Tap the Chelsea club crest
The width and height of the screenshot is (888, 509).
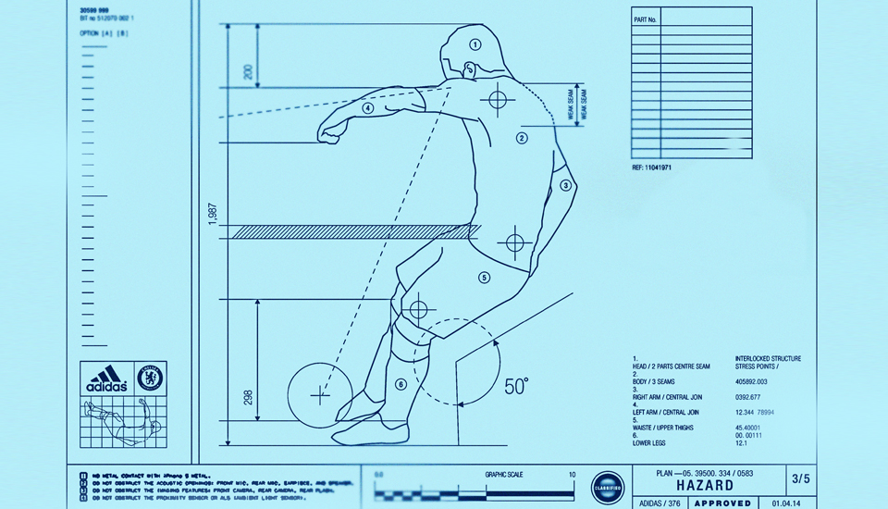coord(151,378)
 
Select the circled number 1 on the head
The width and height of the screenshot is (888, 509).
coord(475,43)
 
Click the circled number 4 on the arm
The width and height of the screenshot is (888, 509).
coord(368,107)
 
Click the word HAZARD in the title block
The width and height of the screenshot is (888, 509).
coord(705,485)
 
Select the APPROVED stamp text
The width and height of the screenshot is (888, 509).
coord(716,503)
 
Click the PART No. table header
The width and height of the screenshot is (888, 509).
coord(645,19)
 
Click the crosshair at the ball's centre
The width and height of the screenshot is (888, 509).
coord(320,395)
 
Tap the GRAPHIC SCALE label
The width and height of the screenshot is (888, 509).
coord(503,474)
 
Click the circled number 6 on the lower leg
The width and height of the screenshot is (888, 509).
coord(401,384)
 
